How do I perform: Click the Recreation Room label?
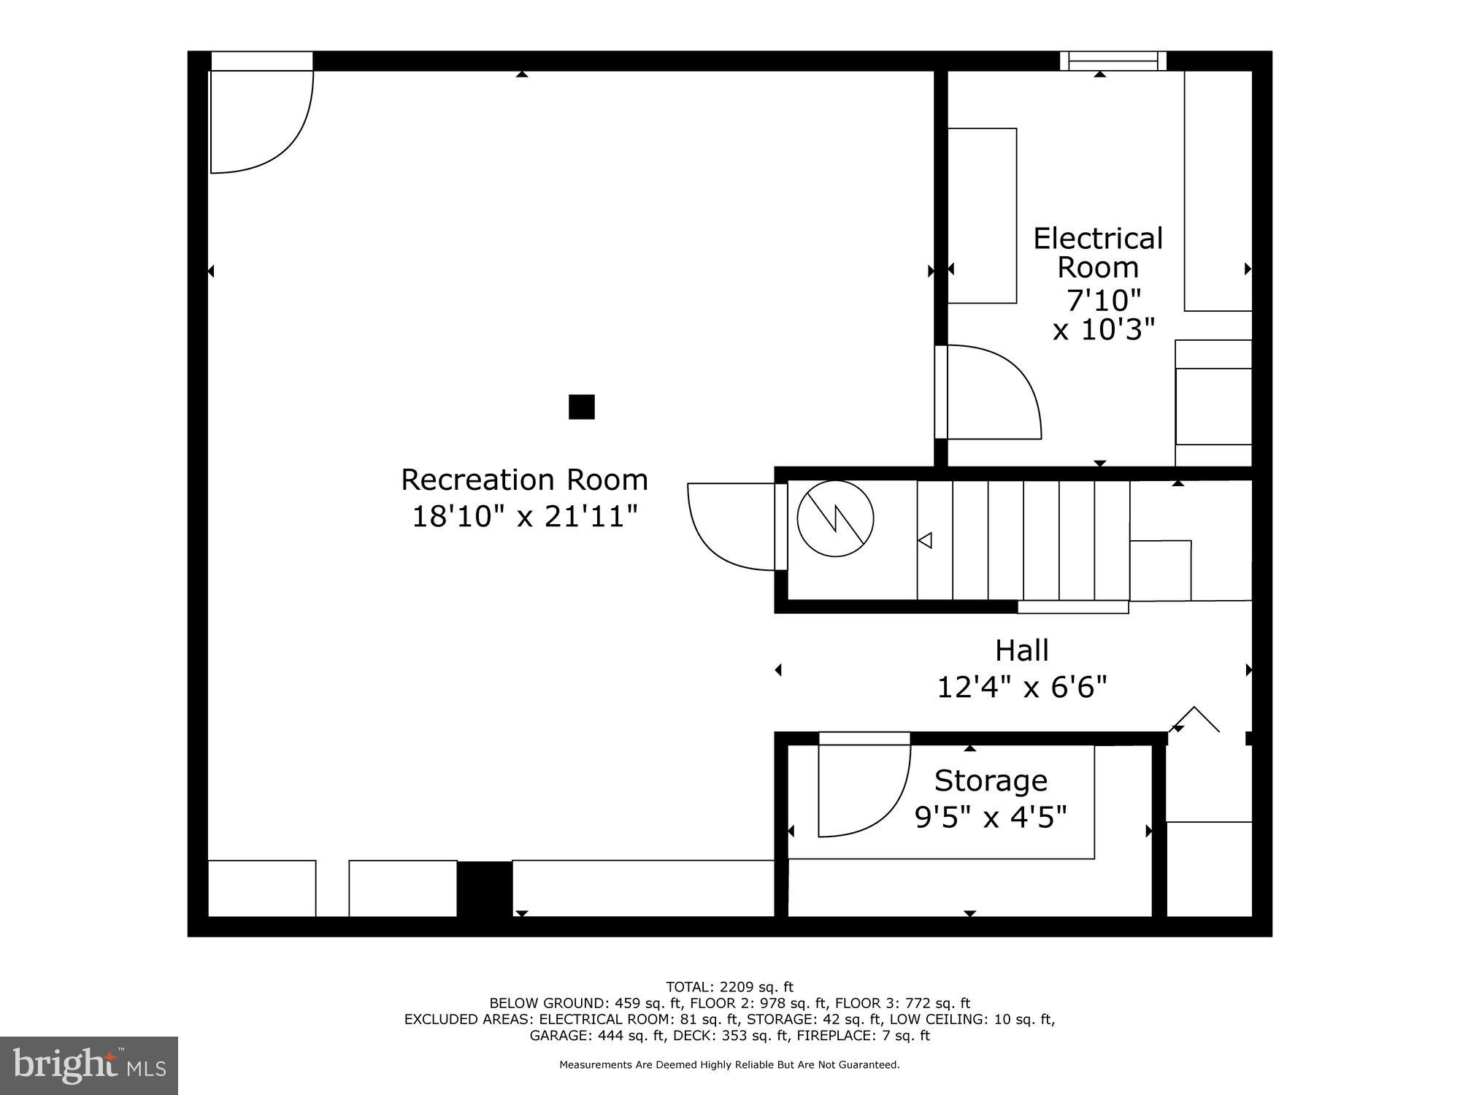click(x=524, y=480)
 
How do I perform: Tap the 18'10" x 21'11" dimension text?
click(x=524, y=518)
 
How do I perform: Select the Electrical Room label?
click(x=1097, y=253)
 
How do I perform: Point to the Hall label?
click(x=1021, y=650)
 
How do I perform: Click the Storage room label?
click(x=991, y=781)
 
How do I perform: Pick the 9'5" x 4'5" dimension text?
click(x=991, y=817)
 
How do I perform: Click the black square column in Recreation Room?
click(x=581, y=407)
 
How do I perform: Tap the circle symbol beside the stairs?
click(x=835, y=519)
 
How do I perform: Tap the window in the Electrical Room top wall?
click(x=1113, y=61)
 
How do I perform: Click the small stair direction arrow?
click(x=925, y=540)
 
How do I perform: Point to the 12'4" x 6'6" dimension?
click(x=1021, y=687)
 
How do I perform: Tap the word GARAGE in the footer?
click(x=560, y=1035)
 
